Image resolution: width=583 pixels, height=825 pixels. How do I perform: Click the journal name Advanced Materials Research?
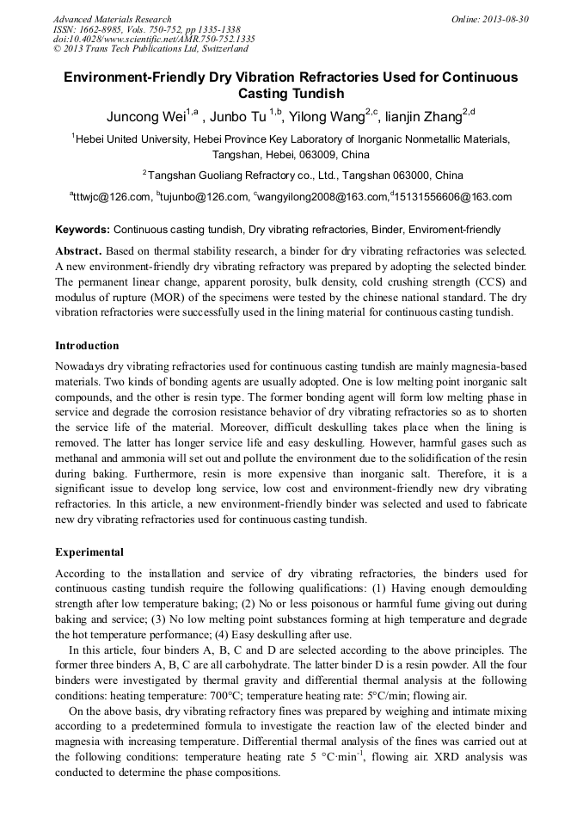click(112, 19)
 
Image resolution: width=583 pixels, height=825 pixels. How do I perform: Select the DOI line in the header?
click(154, 39)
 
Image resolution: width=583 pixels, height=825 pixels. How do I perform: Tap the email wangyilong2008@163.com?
click(322, 197)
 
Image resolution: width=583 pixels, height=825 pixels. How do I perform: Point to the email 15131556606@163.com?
click(453, 197)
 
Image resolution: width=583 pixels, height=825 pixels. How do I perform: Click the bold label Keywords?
click(83, 231)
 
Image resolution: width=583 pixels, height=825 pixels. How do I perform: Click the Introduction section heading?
click(87, 346)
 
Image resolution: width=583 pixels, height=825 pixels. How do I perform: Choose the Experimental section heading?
click(89, 552)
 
